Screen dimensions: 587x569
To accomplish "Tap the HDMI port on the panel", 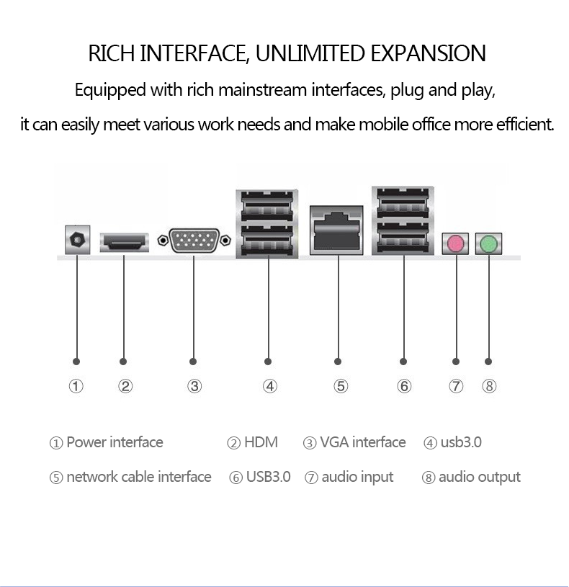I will pos(124,242).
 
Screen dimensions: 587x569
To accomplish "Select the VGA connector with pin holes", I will pos(194,241).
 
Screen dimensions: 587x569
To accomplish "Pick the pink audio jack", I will pos(455,243).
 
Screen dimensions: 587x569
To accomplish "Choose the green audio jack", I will pos(489,243).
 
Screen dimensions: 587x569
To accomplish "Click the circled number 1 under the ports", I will pos(76,386).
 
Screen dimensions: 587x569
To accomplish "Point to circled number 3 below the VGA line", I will pos(194,386).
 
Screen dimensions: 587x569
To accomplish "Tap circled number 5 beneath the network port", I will pos(341,386).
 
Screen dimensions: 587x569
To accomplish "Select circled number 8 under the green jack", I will pos(489,386).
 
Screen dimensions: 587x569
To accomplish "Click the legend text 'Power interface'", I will pos(115,442).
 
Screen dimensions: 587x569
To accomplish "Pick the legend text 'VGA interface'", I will pos(362,442).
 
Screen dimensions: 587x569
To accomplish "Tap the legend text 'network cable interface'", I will pos(138,477).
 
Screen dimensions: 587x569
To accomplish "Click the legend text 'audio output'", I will pos(479,477).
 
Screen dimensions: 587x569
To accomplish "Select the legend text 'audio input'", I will pos(357,477).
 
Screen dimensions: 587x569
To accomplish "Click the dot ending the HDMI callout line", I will pos(123,361).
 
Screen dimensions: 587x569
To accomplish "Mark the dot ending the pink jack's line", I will pos(455,361).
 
